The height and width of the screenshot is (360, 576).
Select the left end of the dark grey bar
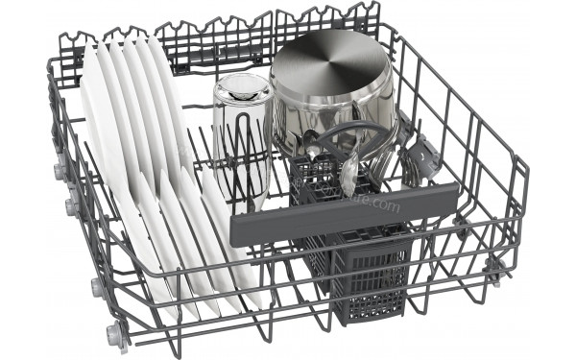coord(238,230)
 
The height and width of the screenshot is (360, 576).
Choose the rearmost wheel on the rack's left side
coord(60,172)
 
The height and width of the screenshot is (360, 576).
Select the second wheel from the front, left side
coord(95,286)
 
